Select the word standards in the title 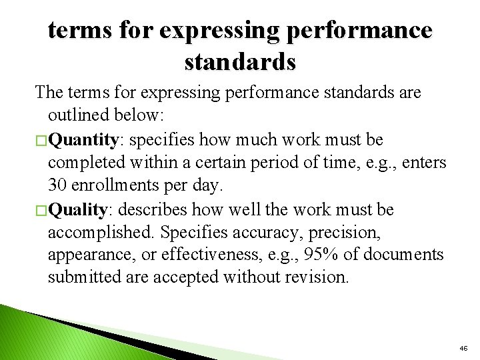click(239, 61)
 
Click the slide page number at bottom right click(463, 348)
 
